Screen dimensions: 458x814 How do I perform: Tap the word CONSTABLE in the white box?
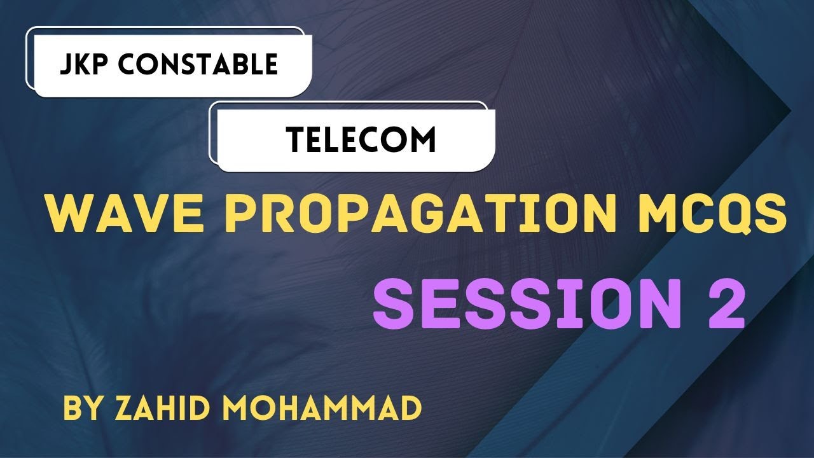[200, 64]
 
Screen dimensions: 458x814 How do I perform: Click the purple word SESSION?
[509, 306]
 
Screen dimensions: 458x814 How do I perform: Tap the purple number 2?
[719, 306]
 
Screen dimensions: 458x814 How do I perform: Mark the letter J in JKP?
[65, 64]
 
